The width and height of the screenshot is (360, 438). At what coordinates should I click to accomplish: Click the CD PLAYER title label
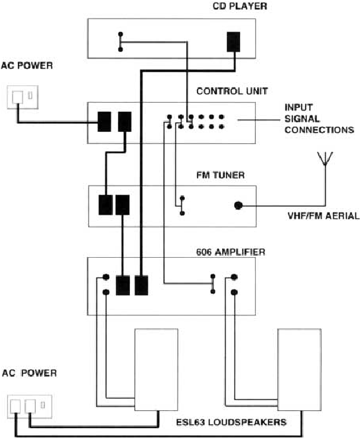click(x=239, y=6)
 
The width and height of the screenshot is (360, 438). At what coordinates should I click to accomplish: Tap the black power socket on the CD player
click(x=233, y=42)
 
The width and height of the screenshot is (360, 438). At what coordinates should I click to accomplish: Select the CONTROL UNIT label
click(x=232, y=91)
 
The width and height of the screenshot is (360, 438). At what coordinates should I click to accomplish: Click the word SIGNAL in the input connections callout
click(x=302, y=119)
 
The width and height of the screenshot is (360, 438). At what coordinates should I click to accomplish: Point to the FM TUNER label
click(x=221, y=175)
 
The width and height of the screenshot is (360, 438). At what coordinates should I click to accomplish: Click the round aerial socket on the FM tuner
click(x=238, y=205)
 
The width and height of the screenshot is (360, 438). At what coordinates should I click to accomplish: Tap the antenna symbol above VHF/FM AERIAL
click(x=325, y=158)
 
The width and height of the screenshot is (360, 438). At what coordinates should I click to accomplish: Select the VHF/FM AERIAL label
click(x=324, y=215)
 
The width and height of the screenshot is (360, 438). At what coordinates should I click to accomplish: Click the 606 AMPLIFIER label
click(x=231, y=252)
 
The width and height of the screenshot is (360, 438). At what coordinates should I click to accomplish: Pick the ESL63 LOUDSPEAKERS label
click(x=231, y=422)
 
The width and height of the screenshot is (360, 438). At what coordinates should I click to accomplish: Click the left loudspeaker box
click(x=156, y=370)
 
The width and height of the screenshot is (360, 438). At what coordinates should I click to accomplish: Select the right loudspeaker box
click(x=299, y=370)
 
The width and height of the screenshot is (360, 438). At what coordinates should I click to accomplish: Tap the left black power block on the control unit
click(x=104, y=122)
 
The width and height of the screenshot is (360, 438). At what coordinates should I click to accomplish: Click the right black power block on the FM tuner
click(x=123, y=205)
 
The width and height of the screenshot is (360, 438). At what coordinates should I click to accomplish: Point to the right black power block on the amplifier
click(x=141, y=285)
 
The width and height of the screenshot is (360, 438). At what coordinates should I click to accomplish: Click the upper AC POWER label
click(x=27, y=66)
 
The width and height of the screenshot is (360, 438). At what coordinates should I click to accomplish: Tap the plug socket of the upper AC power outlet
click(x=17, y=97)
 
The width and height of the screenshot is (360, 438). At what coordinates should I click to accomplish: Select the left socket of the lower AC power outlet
click(x=15, y=406)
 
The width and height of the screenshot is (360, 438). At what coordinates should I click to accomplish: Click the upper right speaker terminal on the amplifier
click(x=234, y=277)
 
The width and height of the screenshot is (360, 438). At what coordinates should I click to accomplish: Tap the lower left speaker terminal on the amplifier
click(x=106, y=292)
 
